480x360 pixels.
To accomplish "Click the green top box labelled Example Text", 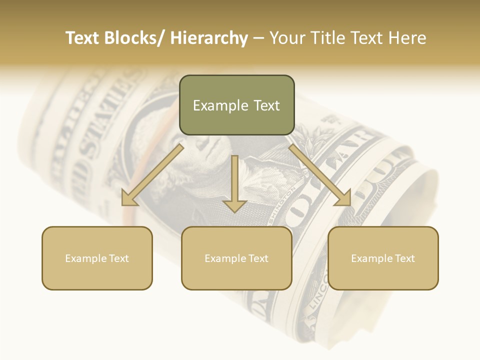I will [x=236, y=105].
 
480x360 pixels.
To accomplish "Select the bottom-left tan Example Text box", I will [x=97, y=258].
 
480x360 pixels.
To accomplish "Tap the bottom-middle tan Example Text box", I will [x=236, y=258].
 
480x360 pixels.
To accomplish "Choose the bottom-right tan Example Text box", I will [x=383, y=258].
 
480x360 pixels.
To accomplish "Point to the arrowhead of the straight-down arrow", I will [x=234, y=205].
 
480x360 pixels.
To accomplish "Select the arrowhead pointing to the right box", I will [x=343, y=198].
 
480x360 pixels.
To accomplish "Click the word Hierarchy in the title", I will [x=209, y=38].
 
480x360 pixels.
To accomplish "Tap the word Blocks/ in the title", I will [x=132, y=38].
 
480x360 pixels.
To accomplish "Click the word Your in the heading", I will [x=286, y=38].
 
